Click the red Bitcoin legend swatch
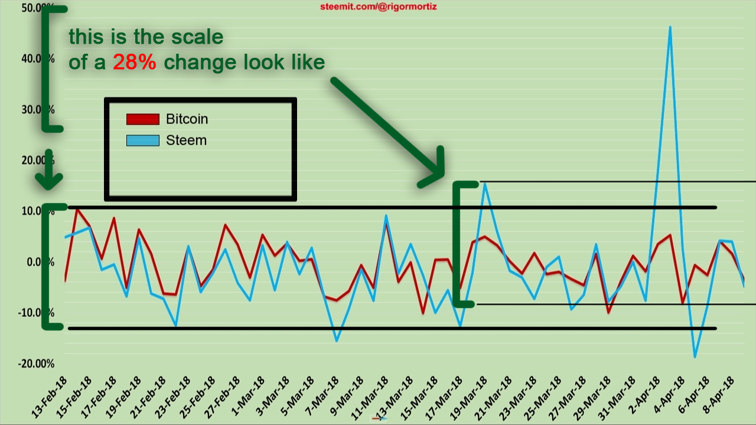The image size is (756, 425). (x=143, y=119)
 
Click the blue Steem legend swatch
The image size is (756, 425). (x=143, y=140)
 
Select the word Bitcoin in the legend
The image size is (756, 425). (x=187, y=119)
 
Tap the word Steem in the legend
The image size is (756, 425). (x=186, y=140)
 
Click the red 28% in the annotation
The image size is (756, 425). (x=135, y=63)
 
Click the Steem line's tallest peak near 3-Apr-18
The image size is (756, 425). (x=670, y=27)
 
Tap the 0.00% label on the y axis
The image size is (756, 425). (x=41, y=261)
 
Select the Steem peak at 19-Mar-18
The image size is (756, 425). (x=484, y=184)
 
